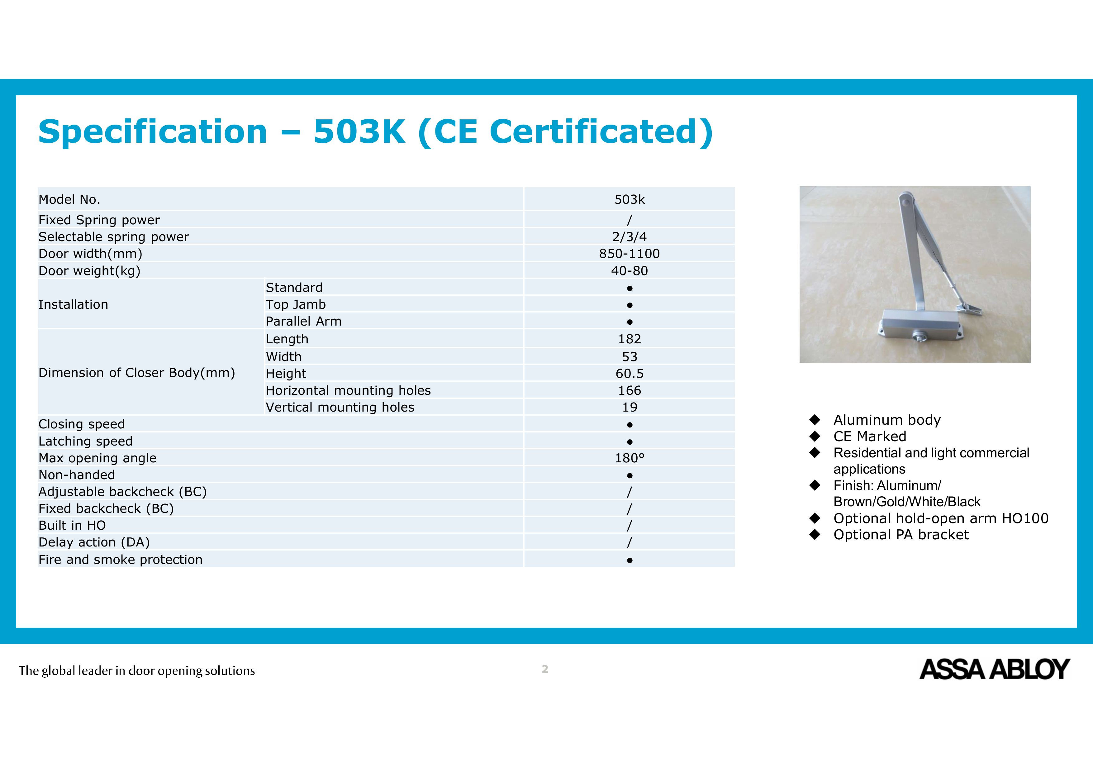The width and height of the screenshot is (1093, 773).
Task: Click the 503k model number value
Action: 629,200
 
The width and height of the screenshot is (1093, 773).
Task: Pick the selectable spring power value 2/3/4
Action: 629,237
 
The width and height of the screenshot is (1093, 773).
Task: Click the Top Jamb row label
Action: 296,304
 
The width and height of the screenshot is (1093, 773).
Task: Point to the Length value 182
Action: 629,339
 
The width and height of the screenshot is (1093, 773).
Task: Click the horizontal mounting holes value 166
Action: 629,390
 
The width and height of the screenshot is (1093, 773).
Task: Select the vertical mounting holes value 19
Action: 629,407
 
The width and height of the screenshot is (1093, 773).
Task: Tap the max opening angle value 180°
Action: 629,458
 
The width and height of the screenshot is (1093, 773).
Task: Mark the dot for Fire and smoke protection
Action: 629,561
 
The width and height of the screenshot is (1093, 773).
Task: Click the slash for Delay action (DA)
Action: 629,542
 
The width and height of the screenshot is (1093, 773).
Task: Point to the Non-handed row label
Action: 77,475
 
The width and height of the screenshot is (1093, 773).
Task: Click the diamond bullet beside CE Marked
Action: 815,436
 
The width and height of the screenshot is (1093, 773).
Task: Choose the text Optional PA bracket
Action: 901,535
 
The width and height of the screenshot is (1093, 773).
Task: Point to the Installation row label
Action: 73,304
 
